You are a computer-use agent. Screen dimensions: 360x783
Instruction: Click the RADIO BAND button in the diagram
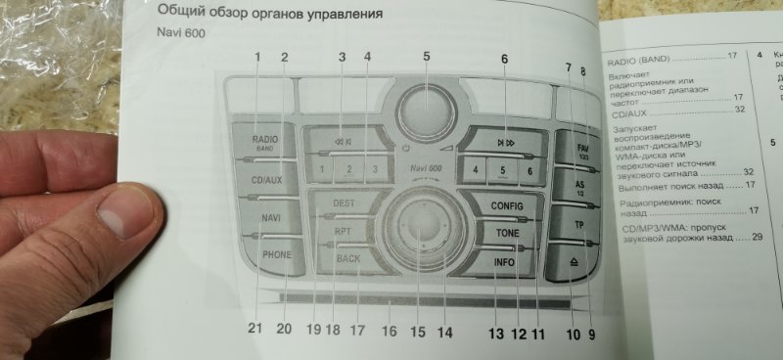point(265,144)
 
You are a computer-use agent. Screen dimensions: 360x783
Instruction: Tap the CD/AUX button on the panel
point(265,180)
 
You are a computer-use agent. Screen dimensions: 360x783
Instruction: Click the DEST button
point(345,202)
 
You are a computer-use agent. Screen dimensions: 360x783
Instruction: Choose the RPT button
point(344,231)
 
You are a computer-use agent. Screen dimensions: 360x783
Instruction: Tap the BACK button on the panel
point(347,259)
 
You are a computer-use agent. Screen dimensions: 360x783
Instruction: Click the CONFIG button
point(506,206)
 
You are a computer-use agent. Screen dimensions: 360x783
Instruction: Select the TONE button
point(506,234)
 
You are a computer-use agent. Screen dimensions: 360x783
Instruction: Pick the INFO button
point(504,262)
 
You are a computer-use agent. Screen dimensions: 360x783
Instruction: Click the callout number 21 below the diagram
point(255,329)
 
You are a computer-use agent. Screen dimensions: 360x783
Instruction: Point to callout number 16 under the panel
point(390,331)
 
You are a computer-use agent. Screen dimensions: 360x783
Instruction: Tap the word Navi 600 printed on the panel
point(427,169)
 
